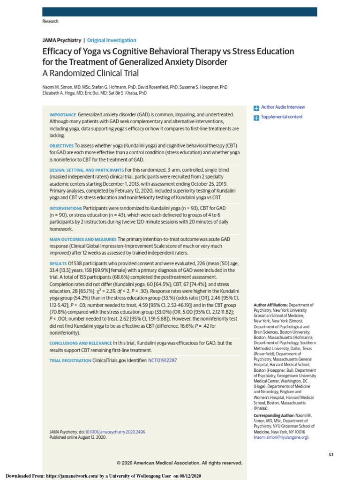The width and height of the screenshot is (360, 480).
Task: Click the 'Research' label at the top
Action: point(50,22)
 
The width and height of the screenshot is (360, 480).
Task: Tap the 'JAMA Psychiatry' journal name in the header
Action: point(61,40)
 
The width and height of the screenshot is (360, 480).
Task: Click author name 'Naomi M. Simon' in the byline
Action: point(61,87)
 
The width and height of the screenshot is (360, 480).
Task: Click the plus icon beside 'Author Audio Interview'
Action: point(256,108)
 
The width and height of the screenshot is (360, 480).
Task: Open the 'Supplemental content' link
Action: point(281,117)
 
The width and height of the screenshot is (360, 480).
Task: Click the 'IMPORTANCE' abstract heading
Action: point(62,115)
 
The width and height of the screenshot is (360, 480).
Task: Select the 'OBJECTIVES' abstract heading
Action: point(61,146)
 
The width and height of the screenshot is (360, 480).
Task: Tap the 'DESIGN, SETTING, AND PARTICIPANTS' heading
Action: point(87,170)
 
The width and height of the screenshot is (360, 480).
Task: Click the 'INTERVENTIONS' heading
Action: point(66,208)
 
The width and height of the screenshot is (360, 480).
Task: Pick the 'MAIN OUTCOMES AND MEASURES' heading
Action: point(83,240)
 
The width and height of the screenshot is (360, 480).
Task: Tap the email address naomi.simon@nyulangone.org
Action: point(281,437)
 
